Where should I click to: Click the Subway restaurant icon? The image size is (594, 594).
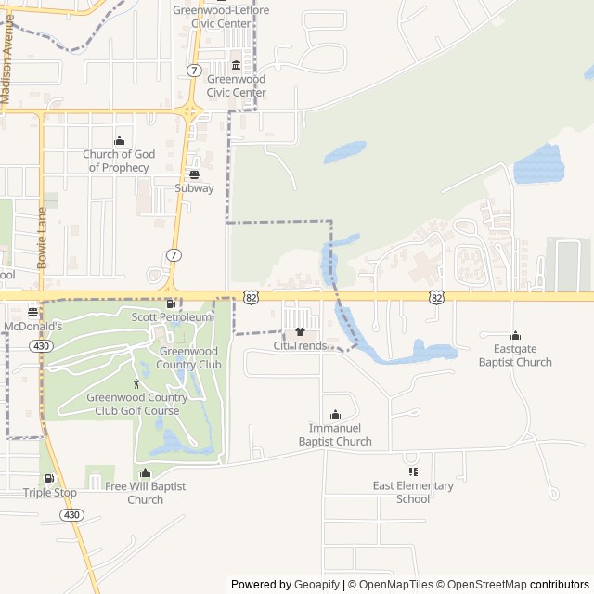(x=194, y=174)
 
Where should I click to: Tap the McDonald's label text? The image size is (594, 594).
(x=32, y=327)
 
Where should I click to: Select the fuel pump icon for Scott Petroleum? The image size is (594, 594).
(x=170, y=303)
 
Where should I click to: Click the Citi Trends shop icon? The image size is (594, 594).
(x=300, y=331)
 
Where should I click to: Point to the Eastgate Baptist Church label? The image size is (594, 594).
(x=515, y=355)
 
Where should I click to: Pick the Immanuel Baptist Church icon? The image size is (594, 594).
(x=335, y=414)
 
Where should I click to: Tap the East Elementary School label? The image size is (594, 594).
(x=413, y=492)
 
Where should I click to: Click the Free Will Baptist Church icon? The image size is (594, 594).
(x=145, y=473)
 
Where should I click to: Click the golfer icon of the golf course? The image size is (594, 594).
(x=136, y=383)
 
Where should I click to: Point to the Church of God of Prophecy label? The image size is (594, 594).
(x=119, y=161)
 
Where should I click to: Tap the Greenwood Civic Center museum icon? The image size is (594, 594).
(x=236, y=65)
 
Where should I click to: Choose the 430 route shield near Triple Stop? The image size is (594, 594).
(x=73, y=515)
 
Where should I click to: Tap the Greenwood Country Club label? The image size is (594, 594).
(x=190, y=357)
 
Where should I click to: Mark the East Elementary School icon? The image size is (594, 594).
(x=413, y=471)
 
